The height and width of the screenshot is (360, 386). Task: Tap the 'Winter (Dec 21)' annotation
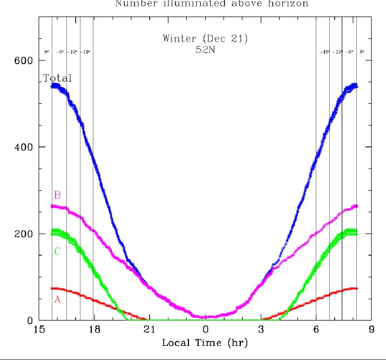[205, 38]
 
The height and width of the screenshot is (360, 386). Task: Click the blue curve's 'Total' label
[57, 78]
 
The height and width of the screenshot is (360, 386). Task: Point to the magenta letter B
[57, 195]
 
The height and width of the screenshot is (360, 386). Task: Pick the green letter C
[57, 251]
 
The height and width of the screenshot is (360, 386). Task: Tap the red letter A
[56, 298]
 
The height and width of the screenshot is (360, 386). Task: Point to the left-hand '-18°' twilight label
[86, 52]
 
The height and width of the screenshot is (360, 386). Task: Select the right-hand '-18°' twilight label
[324, 52]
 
